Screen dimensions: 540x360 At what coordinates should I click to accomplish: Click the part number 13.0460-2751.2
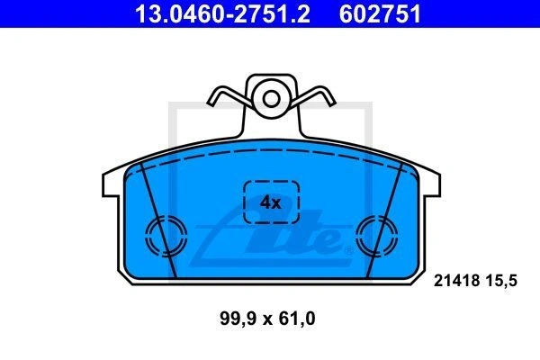222,14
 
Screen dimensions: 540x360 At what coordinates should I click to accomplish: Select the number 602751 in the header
380,14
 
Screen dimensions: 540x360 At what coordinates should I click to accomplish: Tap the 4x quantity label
270,202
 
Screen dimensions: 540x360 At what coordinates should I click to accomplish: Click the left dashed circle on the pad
146,237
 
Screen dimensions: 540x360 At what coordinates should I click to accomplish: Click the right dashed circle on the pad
356,237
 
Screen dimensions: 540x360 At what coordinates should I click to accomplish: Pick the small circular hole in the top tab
271,99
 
